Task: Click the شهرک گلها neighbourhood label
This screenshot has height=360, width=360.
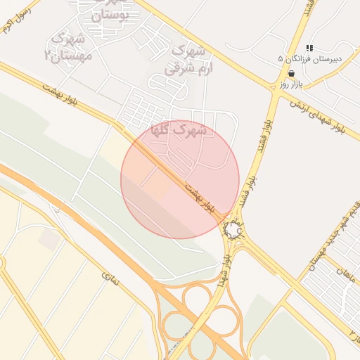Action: [179, 130]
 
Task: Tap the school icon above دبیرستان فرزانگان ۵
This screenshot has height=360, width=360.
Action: [309, 48]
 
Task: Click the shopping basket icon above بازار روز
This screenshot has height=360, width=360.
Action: [291, 73]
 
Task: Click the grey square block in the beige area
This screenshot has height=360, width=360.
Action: [49, 240]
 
